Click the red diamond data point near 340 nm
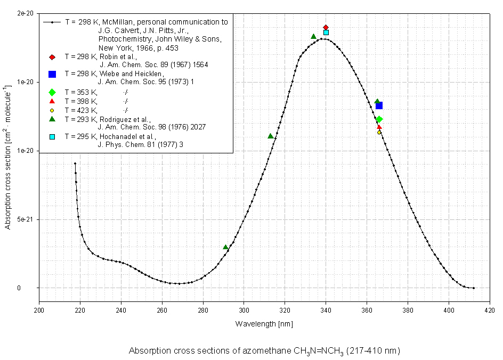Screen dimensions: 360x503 tap(326, 27)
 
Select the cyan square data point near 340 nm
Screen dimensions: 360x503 tap(326, 32)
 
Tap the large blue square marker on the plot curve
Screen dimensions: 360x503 tap(379, 105)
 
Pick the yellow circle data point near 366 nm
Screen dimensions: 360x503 tap(379, 132)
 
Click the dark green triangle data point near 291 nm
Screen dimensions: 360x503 tap(225, 247)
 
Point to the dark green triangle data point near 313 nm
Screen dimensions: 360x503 tap(271, 136)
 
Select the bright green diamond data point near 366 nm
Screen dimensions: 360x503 tap(379, 119)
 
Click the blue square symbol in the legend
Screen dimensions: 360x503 tap(52, 73)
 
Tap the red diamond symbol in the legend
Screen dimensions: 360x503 tap(52, 56)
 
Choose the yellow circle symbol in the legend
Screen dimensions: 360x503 tap(52, 110)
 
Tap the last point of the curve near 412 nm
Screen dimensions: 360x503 tap(473, 288)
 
